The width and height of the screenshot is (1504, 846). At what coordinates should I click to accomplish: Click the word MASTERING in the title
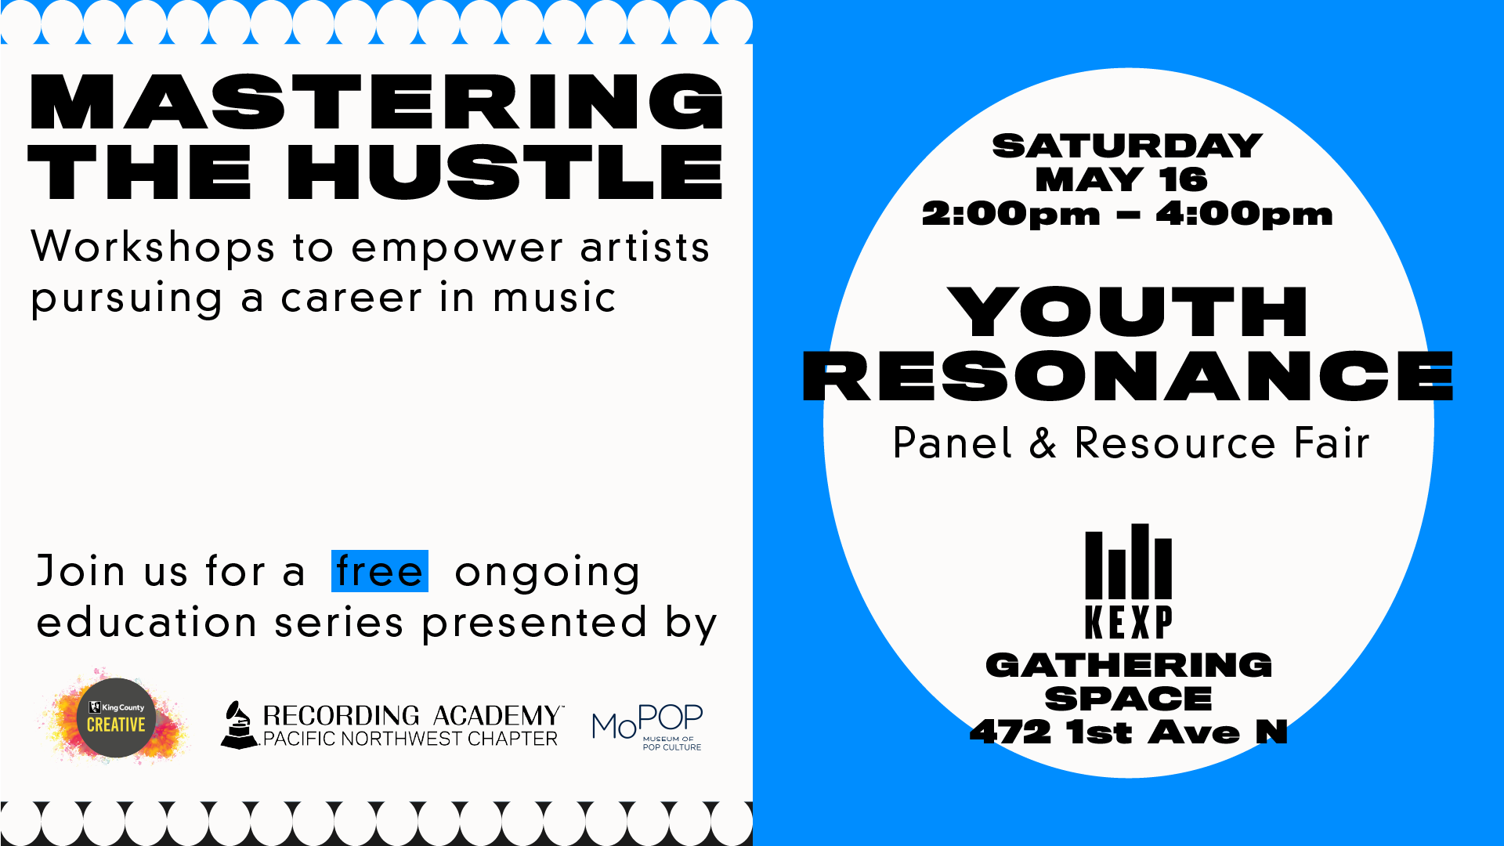[376, 102]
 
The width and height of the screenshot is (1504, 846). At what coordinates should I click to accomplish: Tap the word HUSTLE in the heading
[504, 172]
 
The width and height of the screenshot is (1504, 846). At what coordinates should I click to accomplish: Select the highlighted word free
[380, 571]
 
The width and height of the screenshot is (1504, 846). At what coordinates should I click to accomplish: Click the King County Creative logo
[115, 717]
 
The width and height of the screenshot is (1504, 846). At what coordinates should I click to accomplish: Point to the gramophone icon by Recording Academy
[238, 725]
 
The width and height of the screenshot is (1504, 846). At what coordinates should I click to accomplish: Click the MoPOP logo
[647, 727]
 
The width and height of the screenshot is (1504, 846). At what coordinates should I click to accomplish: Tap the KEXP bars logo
[1129, 581]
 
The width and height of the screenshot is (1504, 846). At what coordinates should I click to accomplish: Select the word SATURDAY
[1127, 146]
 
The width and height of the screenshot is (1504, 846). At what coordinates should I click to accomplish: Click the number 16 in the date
[1184, 179]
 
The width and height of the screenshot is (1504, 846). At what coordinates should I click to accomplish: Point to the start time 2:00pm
[1010, 214]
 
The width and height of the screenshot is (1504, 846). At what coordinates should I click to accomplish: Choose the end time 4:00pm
[1244, 214]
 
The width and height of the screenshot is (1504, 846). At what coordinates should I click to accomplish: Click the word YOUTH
[1127, 312]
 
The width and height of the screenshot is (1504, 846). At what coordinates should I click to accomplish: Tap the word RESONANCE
[1127, 376]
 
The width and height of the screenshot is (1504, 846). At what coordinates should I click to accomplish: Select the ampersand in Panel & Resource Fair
[1043, 443]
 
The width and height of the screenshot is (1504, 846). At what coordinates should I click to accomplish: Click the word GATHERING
[1129, 665]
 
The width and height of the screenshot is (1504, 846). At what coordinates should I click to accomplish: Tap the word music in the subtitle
[555, 298]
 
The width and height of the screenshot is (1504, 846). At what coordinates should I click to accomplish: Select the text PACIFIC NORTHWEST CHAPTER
[410, 739]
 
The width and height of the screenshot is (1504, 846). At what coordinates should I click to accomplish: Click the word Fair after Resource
[1332, 443]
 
